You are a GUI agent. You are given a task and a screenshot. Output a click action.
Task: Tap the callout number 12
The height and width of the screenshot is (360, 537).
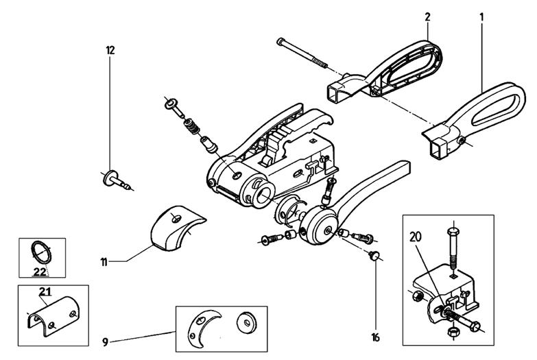point(110,50)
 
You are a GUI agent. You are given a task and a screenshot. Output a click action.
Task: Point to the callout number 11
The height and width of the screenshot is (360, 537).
point(104,261)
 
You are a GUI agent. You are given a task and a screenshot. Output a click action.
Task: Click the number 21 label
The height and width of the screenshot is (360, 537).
point(45,293)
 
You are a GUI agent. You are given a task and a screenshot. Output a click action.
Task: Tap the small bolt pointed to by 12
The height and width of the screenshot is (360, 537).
point(116,180)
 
